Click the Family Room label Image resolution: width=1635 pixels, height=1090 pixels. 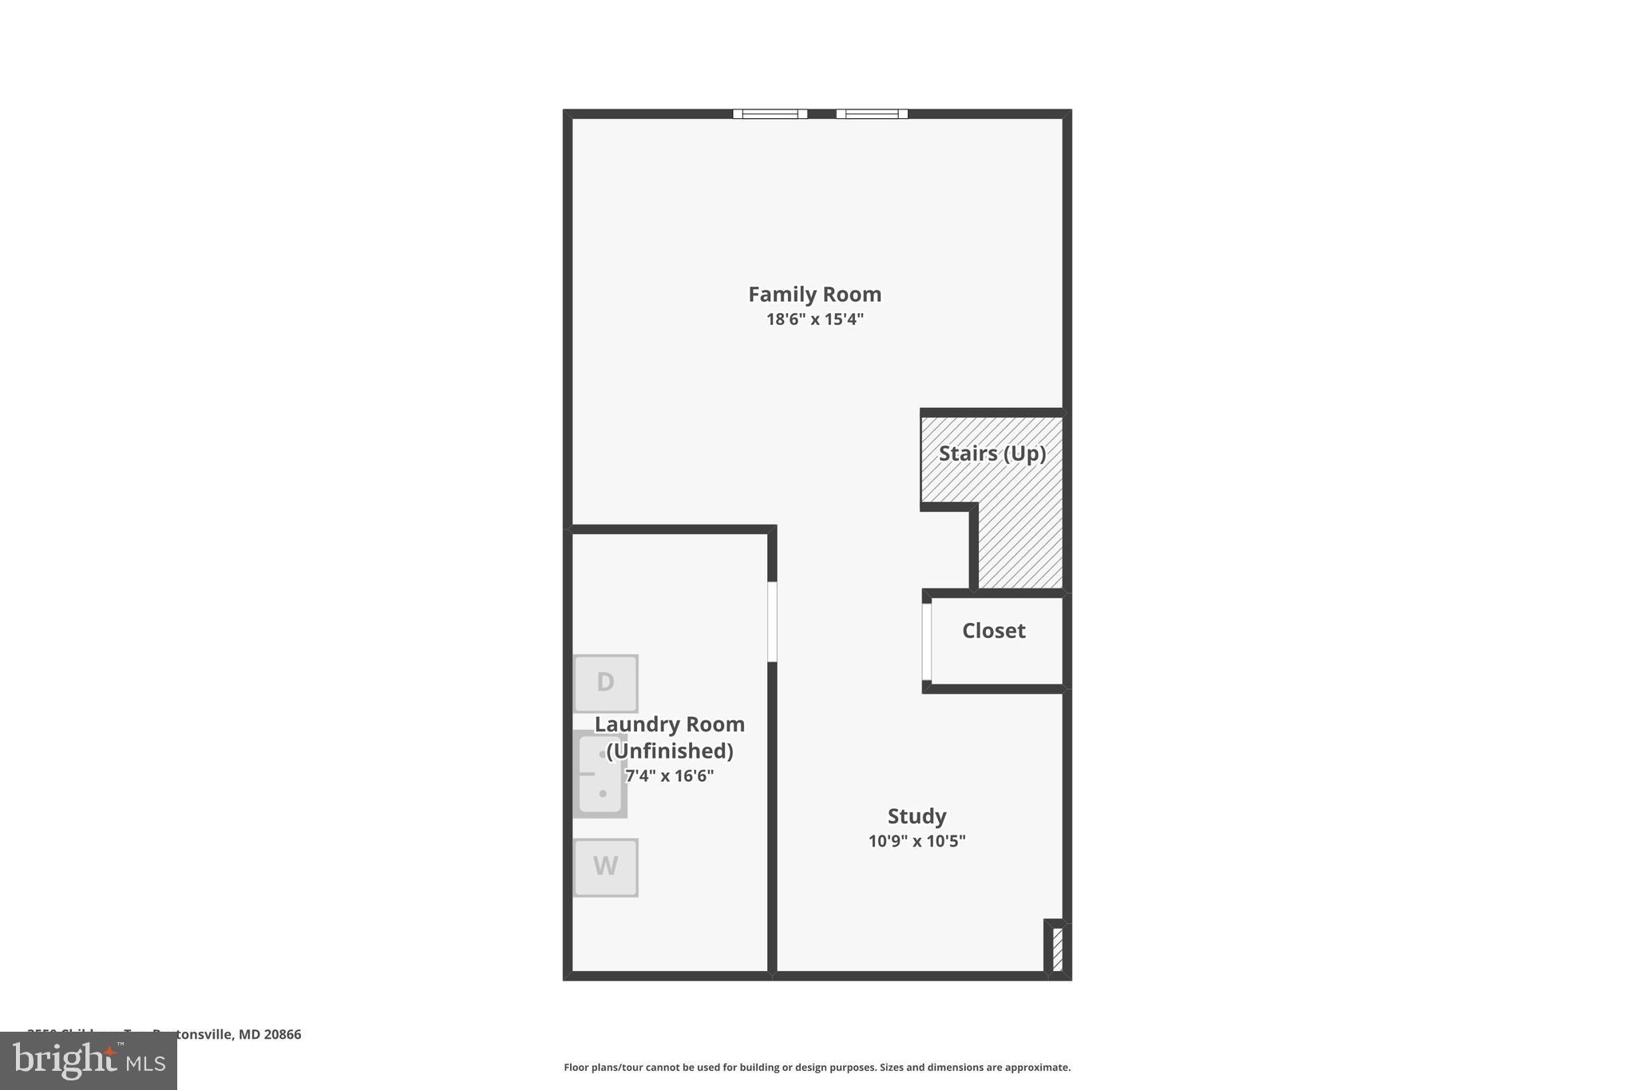(814, 295)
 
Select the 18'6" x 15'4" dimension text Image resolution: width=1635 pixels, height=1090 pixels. (814, 319)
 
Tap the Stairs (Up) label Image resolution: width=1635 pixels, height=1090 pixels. (992, 454)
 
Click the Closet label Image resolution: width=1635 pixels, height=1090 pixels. (993, 631)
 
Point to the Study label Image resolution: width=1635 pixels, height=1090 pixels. (916, 816)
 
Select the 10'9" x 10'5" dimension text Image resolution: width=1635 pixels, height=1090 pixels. (916, 841)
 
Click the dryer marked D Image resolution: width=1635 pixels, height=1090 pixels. (605, 683)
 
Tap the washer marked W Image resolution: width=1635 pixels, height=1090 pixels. (605, 866)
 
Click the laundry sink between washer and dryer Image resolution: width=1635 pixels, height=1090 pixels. (600, 774)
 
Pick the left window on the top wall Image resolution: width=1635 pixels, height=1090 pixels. (770, 114)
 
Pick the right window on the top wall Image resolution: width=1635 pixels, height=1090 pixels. (872, 114)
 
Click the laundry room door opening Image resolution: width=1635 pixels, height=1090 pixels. (772, 621)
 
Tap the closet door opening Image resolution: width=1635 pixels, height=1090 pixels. (927, 641)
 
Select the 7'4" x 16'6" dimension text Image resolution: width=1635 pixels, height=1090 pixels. (669, 775)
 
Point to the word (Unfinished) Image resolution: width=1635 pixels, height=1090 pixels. (669, 751)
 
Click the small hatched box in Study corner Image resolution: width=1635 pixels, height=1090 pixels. (1057, 949)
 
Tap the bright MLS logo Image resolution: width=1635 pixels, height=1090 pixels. (89, 1061)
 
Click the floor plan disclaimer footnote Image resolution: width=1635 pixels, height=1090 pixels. (817, 1067)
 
